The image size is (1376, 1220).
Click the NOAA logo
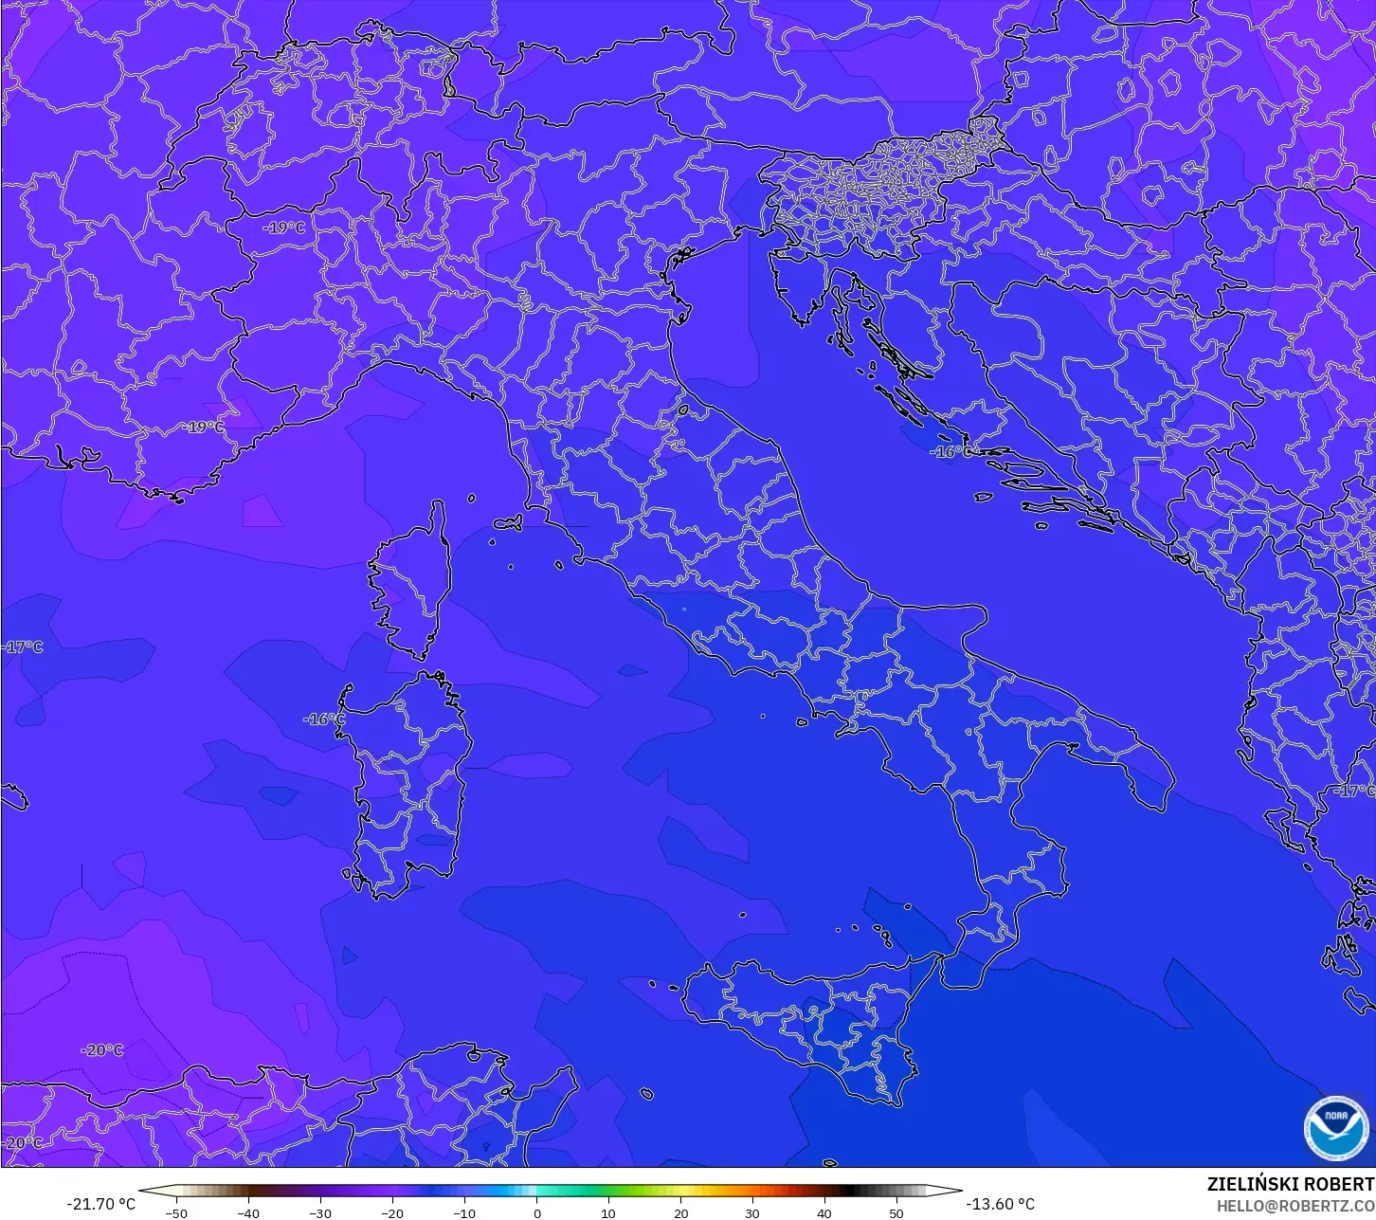coord(1336,1127)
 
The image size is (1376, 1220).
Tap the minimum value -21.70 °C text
coord(100,1204)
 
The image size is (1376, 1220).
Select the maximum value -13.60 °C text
coord(1000,1204)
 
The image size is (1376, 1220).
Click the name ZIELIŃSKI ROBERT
coord(1290,1184)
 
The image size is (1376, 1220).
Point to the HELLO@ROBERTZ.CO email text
coord(1295,1206)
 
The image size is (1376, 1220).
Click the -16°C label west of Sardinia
coord(323,719)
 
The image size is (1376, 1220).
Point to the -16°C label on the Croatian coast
coord(951,452)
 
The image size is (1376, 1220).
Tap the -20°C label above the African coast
coord(102,1050)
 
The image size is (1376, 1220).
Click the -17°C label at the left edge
coord(23,647)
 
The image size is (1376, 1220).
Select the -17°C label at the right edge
coord(1353,791)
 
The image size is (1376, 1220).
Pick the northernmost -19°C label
coord(283,228)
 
